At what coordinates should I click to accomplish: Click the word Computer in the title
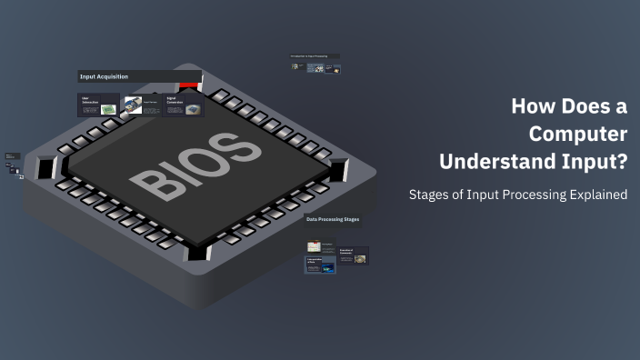point(579,134)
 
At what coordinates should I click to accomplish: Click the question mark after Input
point(621,162)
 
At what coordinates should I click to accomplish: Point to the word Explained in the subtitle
point(595,195)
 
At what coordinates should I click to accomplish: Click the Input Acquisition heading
point(105,77)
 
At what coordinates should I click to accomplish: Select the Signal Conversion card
point(183,105)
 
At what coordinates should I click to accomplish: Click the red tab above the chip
point(189,85)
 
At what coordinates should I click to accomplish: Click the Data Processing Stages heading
point(333,219)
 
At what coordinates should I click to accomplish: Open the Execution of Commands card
point(353,255)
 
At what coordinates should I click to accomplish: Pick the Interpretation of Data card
point(320,265)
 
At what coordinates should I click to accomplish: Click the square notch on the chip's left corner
point(47,166)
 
